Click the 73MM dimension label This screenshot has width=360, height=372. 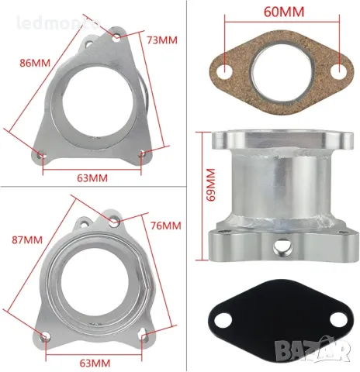tap(162, 39)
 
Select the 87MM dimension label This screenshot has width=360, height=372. tap(25, 239)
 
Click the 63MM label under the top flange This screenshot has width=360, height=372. tap(92, 177)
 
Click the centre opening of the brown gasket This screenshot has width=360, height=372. tap(282, 71)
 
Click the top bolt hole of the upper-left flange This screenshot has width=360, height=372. tap(117, 35)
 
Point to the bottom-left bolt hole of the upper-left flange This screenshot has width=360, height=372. tap(43, 159)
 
